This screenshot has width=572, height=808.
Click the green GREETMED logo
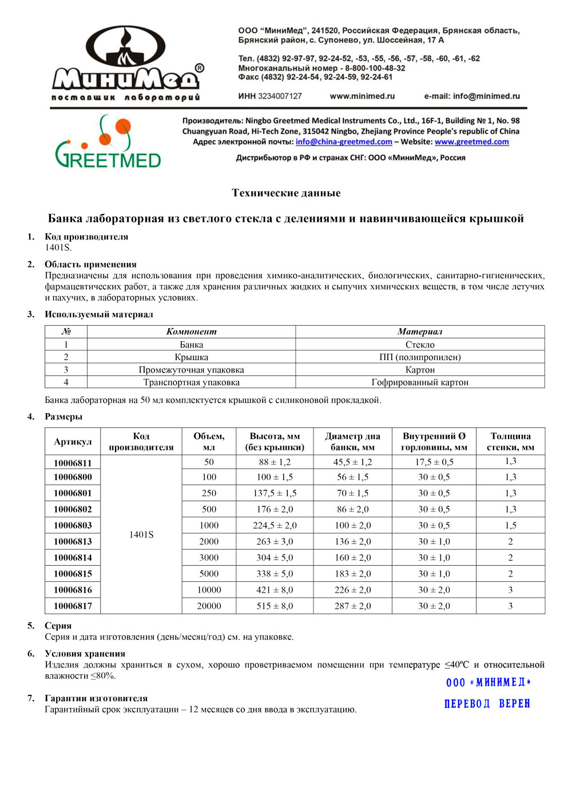108,143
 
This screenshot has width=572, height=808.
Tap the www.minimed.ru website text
362,96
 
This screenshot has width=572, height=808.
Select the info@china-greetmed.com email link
344,142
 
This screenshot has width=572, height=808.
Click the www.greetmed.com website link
471,142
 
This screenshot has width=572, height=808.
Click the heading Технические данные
286,193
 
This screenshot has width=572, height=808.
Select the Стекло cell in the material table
420,345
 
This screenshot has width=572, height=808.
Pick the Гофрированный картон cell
420,382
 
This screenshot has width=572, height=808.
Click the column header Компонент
191,331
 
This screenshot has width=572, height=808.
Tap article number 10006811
73,463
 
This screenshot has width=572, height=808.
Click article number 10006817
73,606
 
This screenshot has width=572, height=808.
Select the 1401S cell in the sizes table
141,534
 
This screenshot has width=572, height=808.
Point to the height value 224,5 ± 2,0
275,525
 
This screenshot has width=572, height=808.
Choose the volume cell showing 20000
209,606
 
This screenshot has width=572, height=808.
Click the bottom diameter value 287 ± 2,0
352,606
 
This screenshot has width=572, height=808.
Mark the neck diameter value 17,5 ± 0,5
434,462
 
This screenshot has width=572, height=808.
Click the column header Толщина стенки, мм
510,441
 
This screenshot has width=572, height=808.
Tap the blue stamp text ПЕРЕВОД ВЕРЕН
487,703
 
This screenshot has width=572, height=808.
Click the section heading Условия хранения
85,654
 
